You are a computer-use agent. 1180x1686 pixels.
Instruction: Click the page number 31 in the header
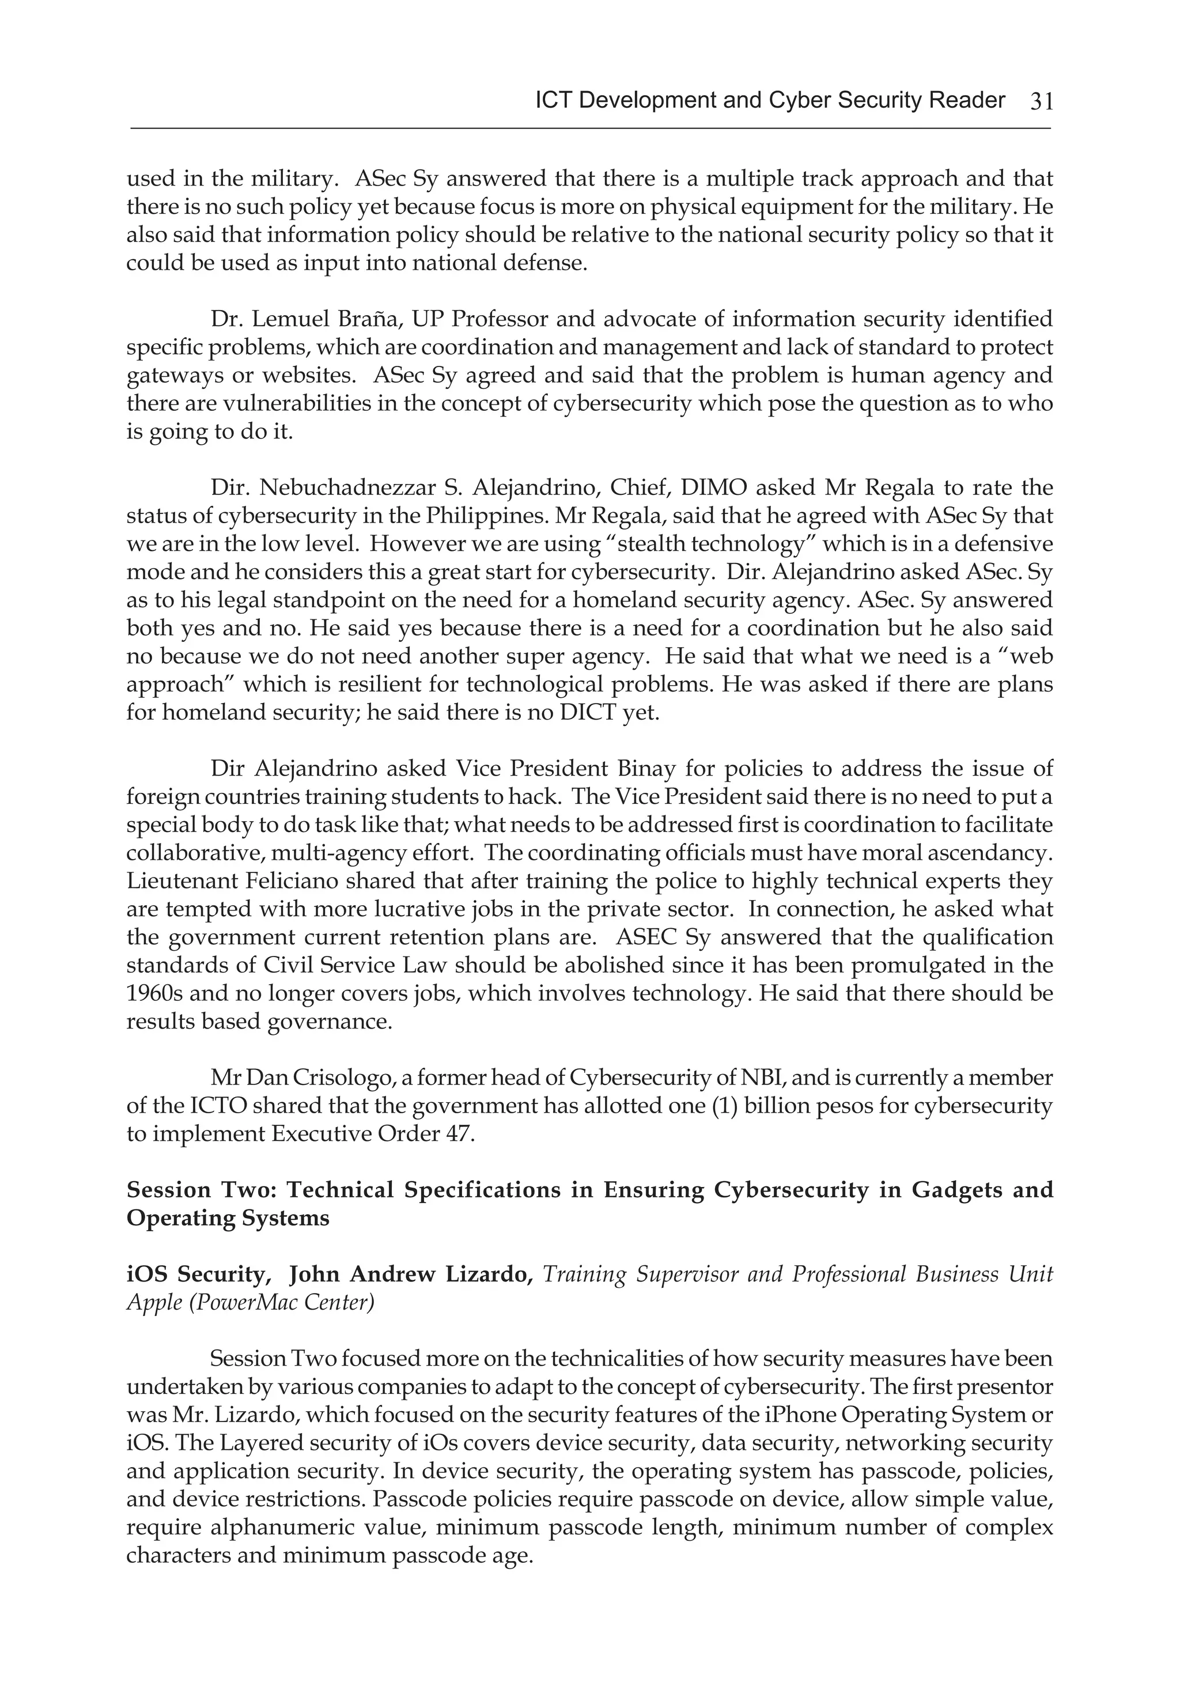click(1041, 101)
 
